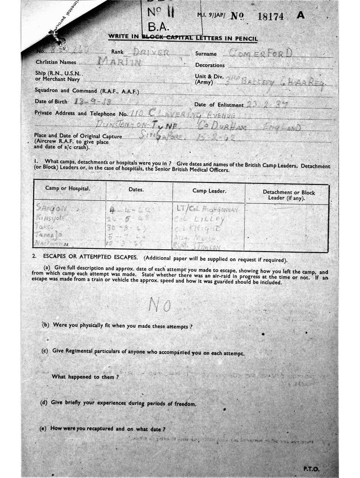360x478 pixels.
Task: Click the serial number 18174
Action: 270,16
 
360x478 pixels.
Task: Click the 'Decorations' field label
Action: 210,65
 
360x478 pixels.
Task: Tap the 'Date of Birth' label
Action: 51,101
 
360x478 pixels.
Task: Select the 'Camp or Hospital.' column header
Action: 68,189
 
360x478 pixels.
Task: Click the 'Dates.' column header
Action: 136,190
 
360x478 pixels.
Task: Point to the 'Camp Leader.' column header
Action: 209,191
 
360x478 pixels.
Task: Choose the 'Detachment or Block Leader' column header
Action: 289,195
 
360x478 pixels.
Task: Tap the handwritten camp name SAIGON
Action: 51,209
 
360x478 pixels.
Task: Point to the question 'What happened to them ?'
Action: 85,376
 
